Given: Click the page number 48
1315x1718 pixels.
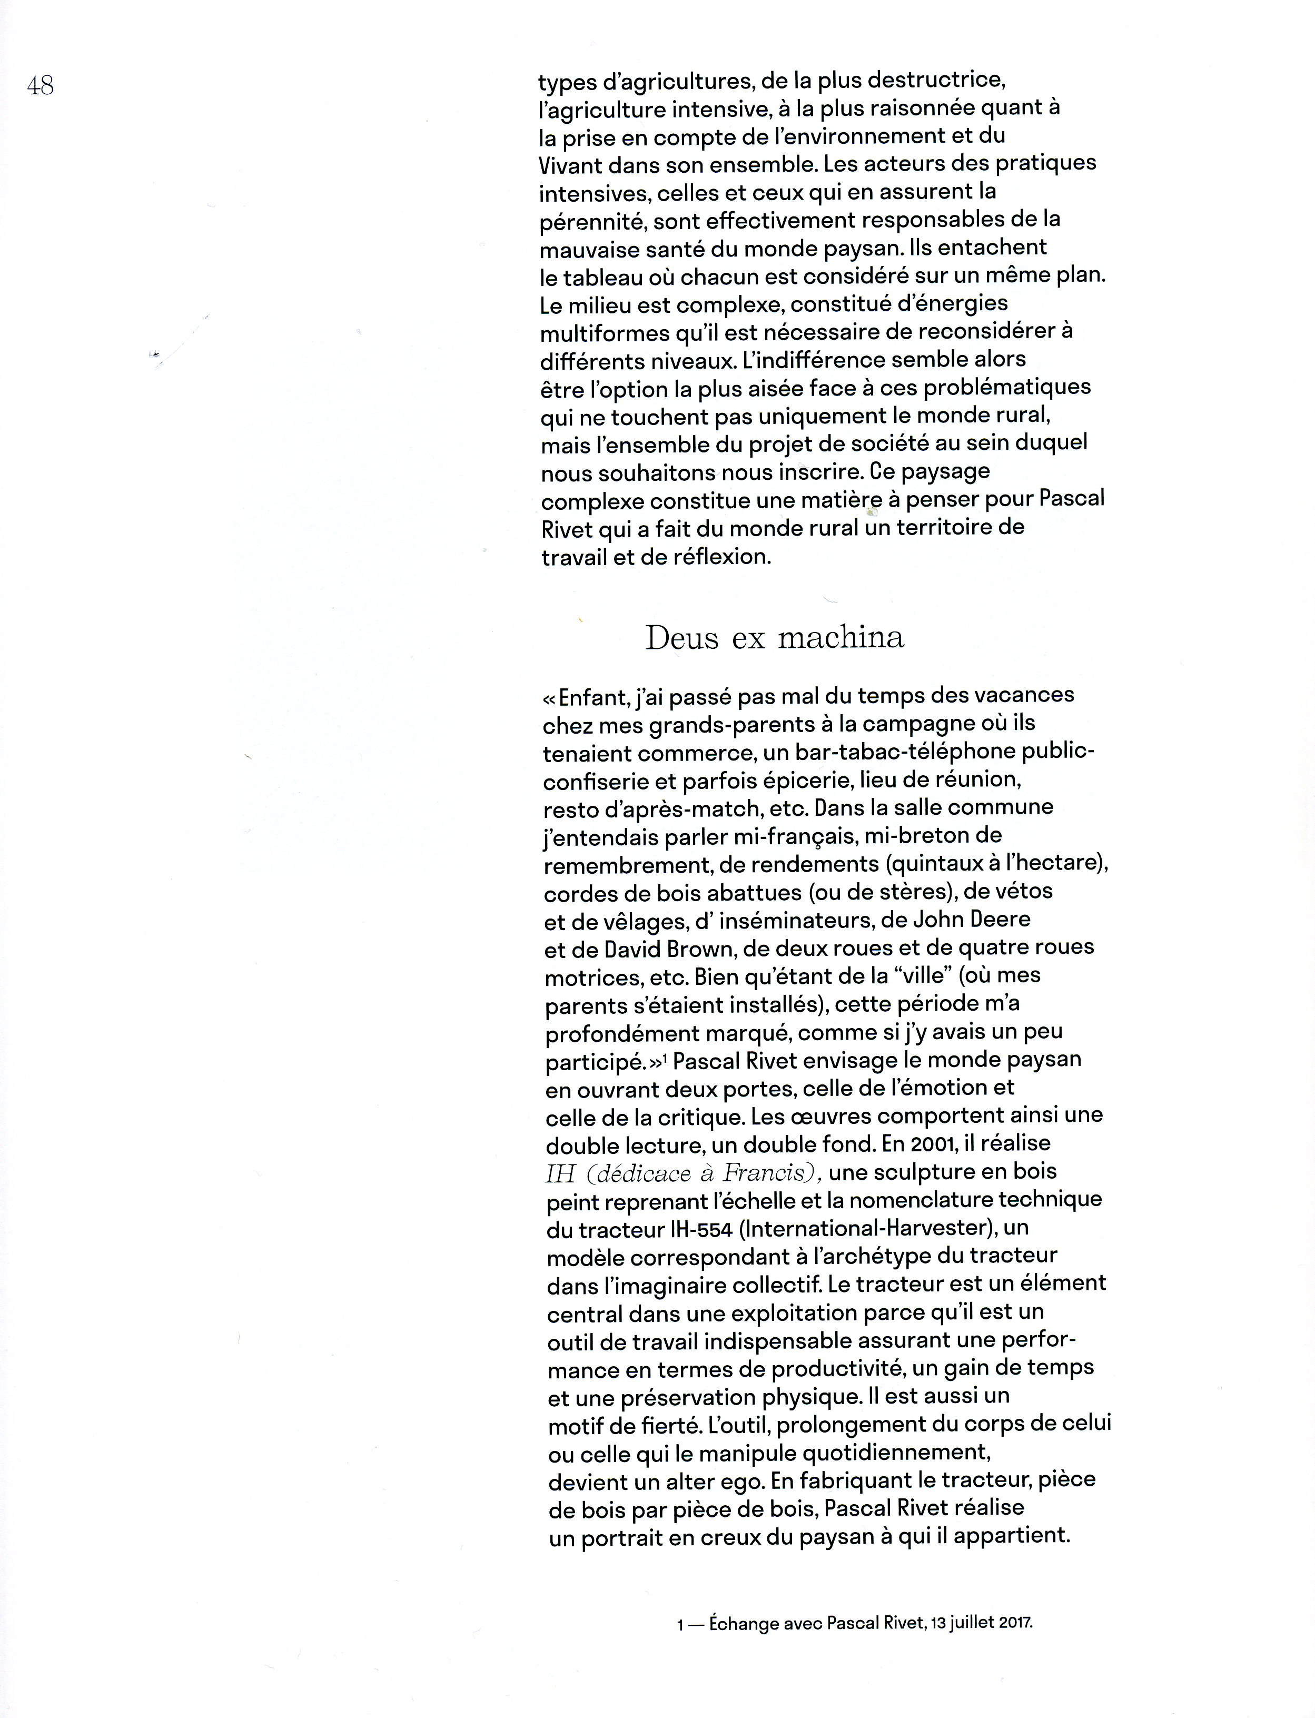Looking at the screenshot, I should click(x=40, y=85).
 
